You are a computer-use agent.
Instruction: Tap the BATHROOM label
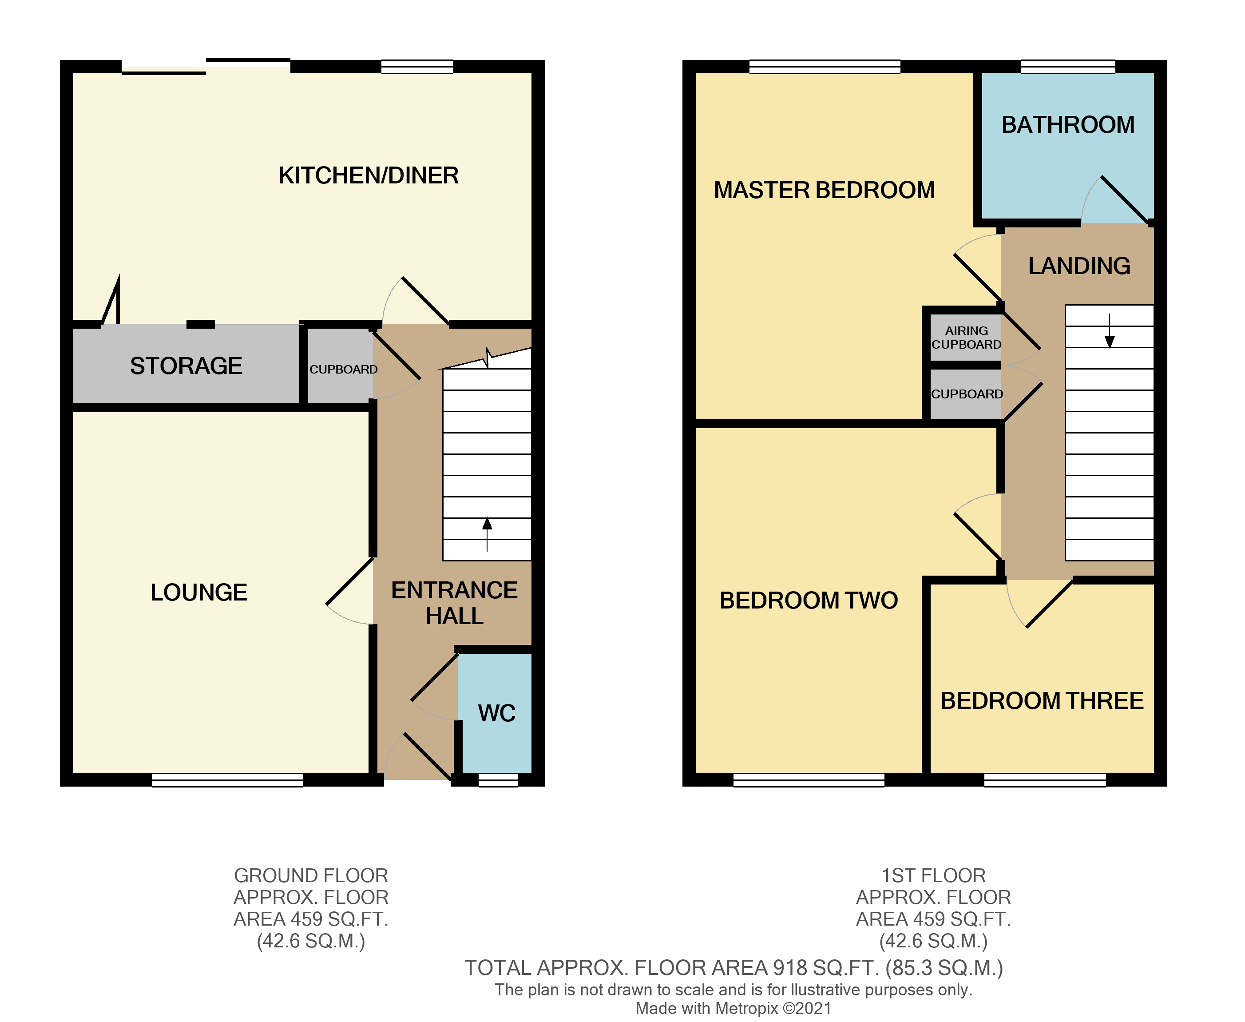coord(1067,125)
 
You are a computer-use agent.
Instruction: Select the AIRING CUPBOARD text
coord(966,337)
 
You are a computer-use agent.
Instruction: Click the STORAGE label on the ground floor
coord(186,366)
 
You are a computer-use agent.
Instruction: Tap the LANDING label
coord(1078,266)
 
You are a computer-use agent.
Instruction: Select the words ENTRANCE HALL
coord(454,603)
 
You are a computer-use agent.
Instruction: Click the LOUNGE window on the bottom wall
coord(227,780)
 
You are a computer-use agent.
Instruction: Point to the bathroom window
coord(1067,67)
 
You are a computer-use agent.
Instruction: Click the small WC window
coord(498,780)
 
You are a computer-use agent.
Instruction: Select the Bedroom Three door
coord(1050,604)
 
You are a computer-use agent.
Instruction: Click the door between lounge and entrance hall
coord(350,581)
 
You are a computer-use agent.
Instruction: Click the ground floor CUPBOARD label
coord(343,369)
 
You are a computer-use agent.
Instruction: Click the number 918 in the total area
coord(789,968)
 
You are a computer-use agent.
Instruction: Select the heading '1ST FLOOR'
coord(933,875)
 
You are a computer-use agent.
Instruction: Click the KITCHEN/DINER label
coord(369,175)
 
